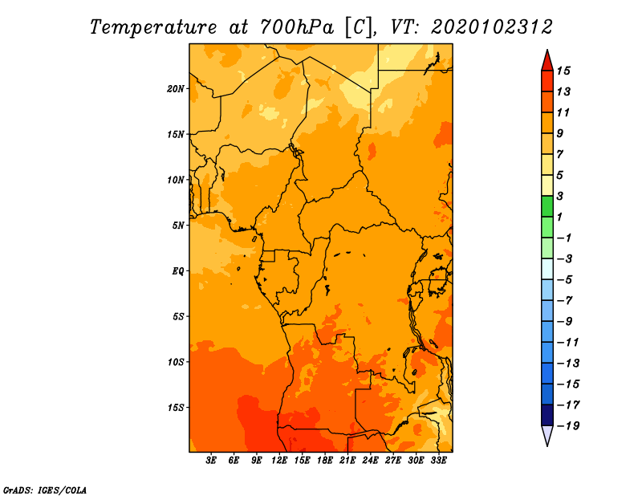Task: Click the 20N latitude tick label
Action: tap(176, 89)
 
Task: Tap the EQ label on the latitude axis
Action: tap(178, 271)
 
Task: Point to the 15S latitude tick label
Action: tap(176, 408)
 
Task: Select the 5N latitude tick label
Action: tap(178, 226)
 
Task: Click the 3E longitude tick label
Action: tap(211, 461)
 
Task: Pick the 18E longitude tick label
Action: tap(325, 461)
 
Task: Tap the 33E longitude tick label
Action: tap(438, 461)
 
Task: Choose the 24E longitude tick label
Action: tap(370, 461)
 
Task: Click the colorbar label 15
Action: tap(563, 71)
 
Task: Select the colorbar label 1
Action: tap(559, 217)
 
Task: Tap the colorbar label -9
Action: tap(565, 322)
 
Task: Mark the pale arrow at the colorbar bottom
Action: tap(547, 435)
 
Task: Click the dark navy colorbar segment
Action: tap(547, 415)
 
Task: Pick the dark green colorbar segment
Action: tap(547, 206)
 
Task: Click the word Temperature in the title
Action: tap(153, 27)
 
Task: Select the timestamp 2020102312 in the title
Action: tap(492, 27)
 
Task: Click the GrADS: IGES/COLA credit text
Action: tap(45, 490)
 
